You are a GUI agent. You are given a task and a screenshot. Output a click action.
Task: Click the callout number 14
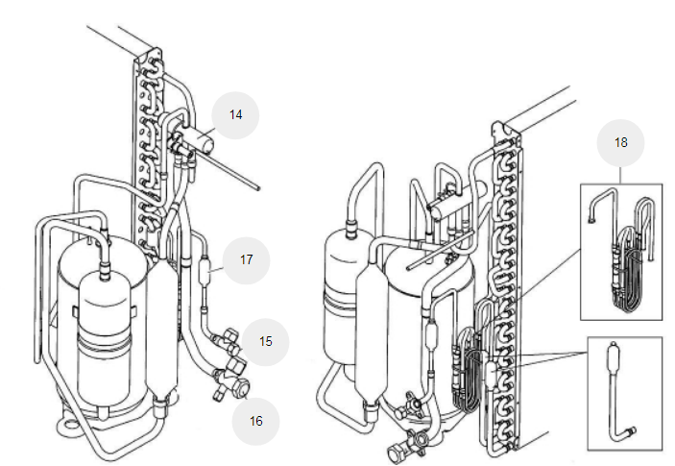pyautogui.click(x=235, y=115)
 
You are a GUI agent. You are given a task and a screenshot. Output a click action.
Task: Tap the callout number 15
pyautogui.click(x=266, y=341)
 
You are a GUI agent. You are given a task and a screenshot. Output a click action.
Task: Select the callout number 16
pyautogui.click(x=255, y=421)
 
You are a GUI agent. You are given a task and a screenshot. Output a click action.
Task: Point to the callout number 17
pyautogui.click(x=246, y=259)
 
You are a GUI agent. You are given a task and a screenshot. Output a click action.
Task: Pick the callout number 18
pyautogui.click(x=621, y=142)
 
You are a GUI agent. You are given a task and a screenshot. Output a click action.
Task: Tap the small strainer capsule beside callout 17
pyautogui.click(x=205, y=270)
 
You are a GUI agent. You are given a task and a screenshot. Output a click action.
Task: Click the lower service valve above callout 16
pyautogui.click(x=232, y=381)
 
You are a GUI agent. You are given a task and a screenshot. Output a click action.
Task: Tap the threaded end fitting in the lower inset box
pyautogui.click(x=631, y=430)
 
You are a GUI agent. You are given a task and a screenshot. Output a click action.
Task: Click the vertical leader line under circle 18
pyautogui.click(x=621, y=175)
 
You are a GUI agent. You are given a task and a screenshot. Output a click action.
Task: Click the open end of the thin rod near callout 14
pyautogui.click(x=258, y=187)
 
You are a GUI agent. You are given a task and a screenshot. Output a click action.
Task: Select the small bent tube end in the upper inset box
pyautogui.click(x=591, y=220)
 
